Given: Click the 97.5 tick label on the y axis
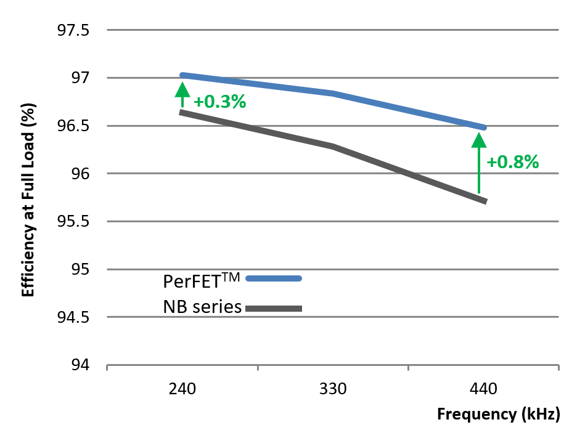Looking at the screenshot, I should click(73, 30).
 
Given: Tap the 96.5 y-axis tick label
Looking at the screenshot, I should click(73, 126).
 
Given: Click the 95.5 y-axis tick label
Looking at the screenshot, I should click(73, 222).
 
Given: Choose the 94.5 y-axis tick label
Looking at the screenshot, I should click(73, 318).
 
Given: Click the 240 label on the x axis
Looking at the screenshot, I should click(182, 389).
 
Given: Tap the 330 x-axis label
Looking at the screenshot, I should click(333, 389).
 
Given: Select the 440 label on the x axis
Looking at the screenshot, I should click(483, 389).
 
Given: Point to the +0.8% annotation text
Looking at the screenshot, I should click(513, 163).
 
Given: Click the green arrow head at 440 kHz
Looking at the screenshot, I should click(478, 140).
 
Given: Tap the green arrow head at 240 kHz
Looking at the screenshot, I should click(182, 90).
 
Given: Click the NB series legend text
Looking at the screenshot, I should click(202, 306).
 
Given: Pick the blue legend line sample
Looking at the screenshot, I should click(274, 278).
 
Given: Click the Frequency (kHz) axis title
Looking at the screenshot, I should click(498, 415).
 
